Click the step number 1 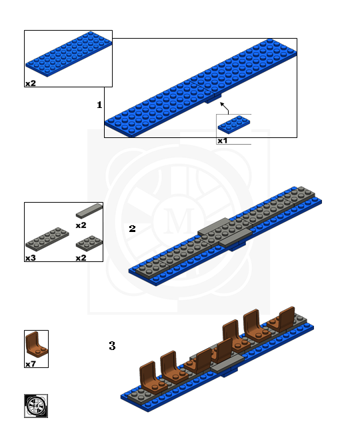(99, 105)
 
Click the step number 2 (132, 229)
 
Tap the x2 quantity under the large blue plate (31, 83)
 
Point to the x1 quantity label (223, 141)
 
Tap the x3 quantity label (31, 257)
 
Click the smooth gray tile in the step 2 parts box (89, 211)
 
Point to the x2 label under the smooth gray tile (81, 226)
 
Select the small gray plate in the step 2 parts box (89, 243)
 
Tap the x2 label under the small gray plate (81, 257)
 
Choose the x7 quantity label (31, 364)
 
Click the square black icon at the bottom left (36, 406)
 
